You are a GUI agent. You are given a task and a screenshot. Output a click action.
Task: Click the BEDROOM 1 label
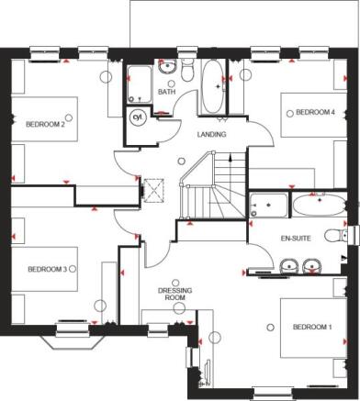click(x=312, y=327)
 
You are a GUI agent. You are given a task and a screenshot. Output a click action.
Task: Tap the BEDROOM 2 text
click(x=44, y=124)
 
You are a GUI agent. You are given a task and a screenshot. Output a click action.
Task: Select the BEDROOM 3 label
click(x=46, y=269)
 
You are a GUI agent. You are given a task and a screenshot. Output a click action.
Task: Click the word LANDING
click(x=212, y=135)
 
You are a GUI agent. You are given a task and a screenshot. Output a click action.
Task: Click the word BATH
click(x=166, y=92)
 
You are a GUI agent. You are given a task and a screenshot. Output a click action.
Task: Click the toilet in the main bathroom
click(x=186, y=72)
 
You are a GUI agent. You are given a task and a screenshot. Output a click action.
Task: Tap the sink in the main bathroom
click(x=167, y=67)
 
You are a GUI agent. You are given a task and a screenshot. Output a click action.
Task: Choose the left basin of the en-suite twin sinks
click(x=288, y=267)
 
